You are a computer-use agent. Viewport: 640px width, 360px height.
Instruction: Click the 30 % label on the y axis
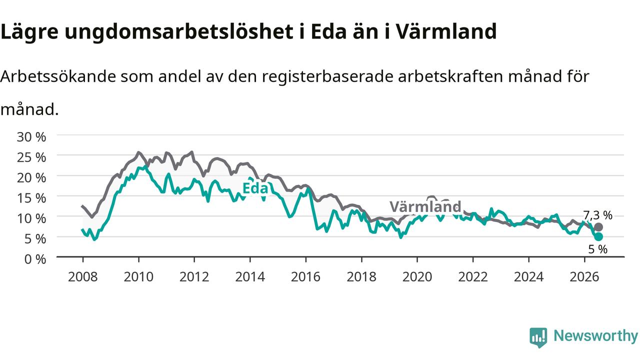point(31,137)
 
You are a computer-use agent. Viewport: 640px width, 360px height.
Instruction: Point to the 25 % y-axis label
point(31,157)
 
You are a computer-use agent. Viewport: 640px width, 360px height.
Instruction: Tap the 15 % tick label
point(31,198)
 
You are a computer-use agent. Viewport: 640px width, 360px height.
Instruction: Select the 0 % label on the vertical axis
point(35,259)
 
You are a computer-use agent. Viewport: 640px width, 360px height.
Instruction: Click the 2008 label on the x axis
point(83,277)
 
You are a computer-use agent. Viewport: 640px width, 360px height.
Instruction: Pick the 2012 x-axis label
point(194,277)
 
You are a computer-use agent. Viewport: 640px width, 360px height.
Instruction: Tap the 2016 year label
point(305,277)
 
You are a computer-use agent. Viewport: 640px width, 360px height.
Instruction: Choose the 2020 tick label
point(417,277)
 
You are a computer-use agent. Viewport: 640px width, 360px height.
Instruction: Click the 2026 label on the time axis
point(584,277)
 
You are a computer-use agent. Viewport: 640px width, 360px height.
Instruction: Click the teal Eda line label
point(255,188)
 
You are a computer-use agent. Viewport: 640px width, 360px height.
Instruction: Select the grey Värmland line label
point(425,206)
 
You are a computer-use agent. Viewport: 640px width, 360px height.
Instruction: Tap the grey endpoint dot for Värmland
point(598,227)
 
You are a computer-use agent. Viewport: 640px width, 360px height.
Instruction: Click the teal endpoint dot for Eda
point(598,236)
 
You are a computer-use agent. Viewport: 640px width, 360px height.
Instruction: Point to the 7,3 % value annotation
point(597,215)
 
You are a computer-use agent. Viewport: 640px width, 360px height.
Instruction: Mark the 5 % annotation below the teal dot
point(597,249)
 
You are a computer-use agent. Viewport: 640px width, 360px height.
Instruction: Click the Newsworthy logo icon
point(538,337)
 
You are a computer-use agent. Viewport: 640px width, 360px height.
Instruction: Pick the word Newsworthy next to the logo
point(595,336)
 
